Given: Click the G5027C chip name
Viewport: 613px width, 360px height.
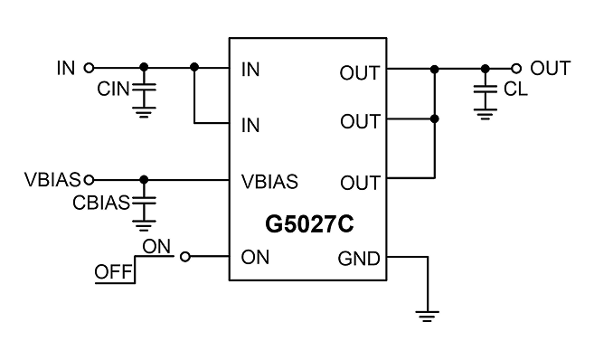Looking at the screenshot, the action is pos(309,224).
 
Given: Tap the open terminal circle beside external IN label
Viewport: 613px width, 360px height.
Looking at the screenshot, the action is pos(90,68).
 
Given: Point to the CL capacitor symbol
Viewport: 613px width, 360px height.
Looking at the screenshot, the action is pos(486,89).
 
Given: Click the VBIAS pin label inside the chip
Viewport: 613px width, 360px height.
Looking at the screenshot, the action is pos(269,182).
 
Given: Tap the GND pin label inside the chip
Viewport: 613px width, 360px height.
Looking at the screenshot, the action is pos(359,259).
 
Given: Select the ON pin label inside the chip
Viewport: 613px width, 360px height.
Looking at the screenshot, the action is pos(255,258).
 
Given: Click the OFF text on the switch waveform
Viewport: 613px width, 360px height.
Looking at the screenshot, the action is pos(113,271).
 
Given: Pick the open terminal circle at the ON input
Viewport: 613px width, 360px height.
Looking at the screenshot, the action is pos(185,257).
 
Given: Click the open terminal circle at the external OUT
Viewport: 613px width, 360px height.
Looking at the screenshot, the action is pos(516,69).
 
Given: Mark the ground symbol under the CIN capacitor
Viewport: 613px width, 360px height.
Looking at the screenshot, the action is pos(144,112).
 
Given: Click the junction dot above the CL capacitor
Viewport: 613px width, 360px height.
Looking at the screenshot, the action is pos(486,69).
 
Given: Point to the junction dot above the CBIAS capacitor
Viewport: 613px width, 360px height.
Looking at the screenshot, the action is pos(144,180).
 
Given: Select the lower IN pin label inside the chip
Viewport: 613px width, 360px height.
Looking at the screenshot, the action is pos(250,126).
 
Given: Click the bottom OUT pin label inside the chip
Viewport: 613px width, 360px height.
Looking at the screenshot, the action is pos(360,183).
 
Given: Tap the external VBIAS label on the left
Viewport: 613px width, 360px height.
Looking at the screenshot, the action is pos(52,180).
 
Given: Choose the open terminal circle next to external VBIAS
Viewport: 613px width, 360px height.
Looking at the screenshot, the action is pos(90,180).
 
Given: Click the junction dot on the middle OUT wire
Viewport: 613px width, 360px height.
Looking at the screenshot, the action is pos(434,118).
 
